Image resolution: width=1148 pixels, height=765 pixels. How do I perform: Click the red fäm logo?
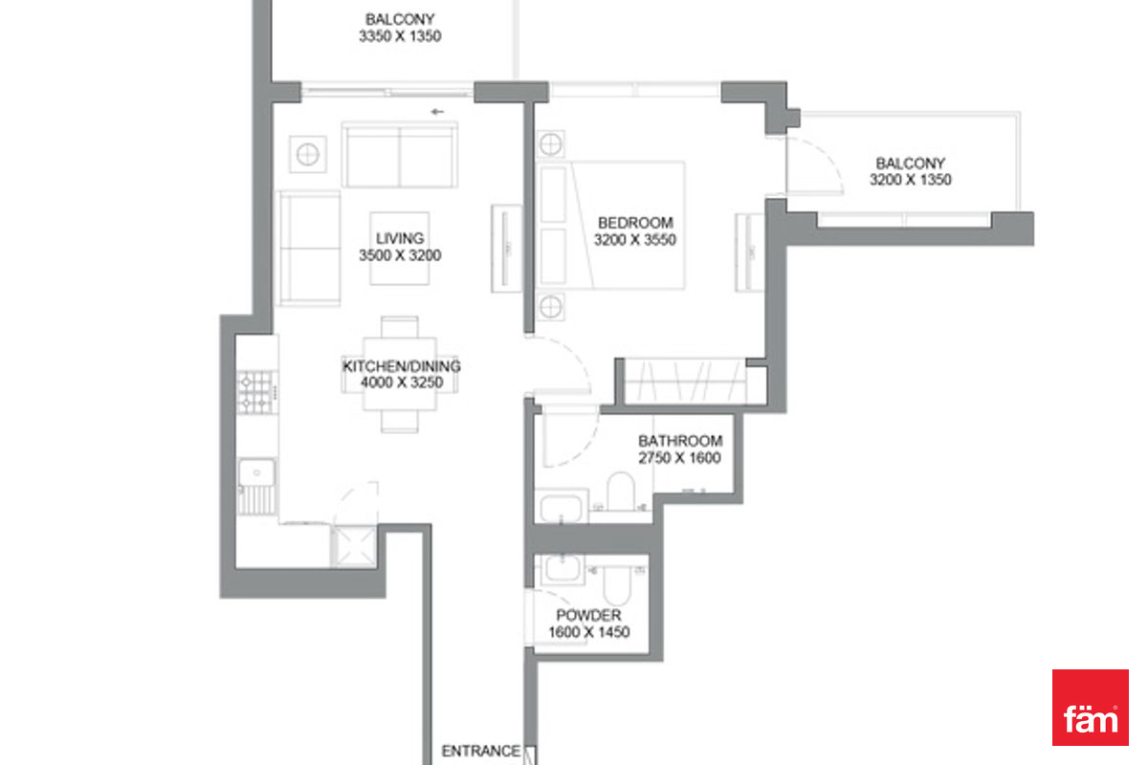(1090, 707)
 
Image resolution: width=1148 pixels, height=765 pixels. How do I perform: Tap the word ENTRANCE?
(480, 752)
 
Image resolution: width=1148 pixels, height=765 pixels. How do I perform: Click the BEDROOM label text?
(635, 223)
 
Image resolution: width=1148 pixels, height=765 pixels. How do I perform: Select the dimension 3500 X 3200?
(400, 255)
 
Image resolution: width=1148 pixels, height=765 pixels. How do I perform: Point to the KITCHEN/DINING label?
(401, 366)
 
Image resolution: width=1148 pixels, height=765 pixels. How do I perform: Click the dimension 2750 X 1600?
(679, 457)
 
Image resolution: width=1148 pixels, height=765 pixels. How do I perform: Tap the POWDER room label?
(589, 615)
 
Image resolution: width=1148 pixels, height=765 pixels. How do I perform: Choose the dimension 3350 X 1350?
(400, 36)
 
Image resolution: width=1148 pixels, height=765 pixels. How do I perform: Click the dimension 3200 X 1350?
(910, 180)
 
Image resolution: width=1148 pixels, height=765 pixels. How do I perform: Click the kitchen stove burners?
(257, 392)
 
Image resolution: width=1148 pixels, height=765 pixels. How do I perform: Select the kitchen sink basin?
(256, 472)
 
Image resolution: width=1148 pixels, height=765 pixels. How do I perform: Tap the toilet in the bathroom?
(621, 491)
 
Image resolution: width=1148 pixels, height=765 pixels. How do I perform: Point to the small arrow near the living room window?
(437, 112)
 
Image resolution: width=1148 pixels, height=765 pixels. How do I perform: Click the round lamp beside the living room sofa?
(307, 154)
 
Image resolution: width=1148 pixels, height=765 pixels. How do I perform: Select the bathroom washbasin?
(562, 506)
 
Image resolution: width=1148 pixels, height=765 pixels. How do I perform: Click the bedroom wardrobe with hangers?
(685, 382)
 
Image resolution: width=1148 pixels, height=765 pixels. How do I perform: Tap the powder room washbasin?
(563, 569)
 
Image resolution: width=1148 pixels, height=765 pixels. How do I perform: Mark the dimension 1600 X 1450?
(589, 632)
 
